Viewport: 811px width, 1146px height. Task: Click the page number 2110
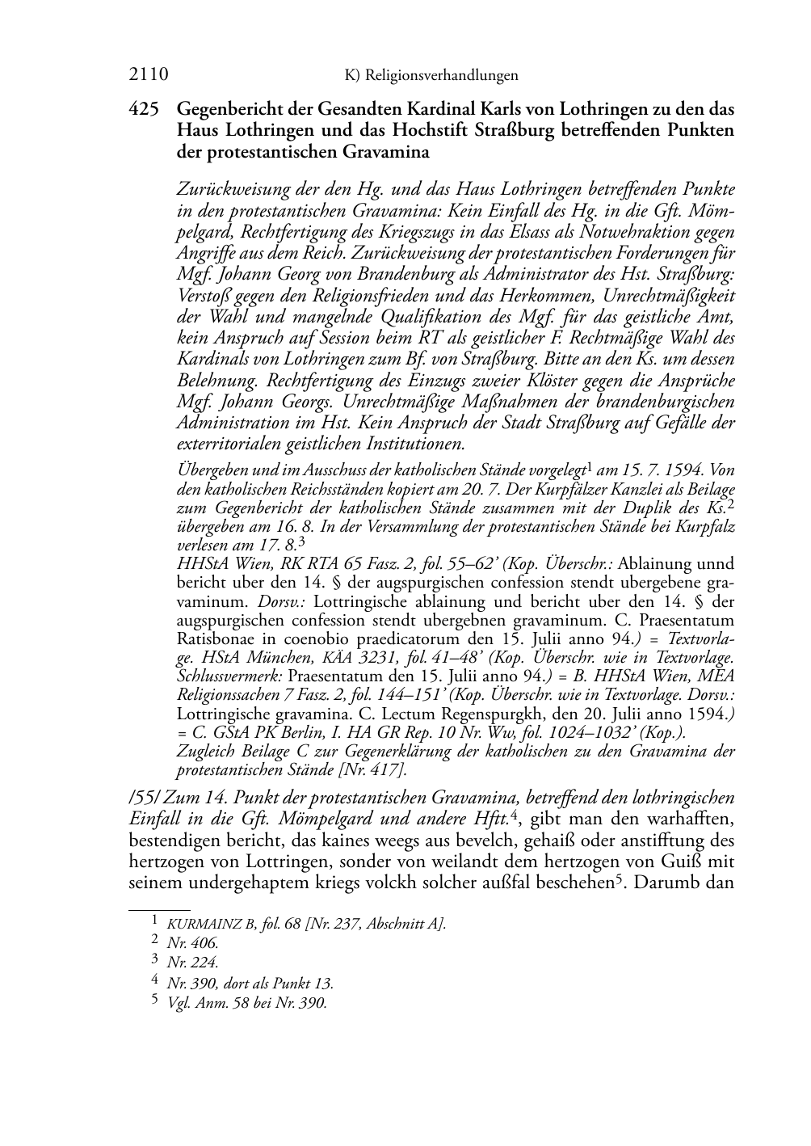click(148, 75)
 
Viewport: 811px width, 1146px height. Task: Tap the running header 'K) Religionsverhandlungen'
click(431, 76)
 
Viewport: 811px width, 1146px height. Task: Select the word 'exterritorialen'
click(228, 443)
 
